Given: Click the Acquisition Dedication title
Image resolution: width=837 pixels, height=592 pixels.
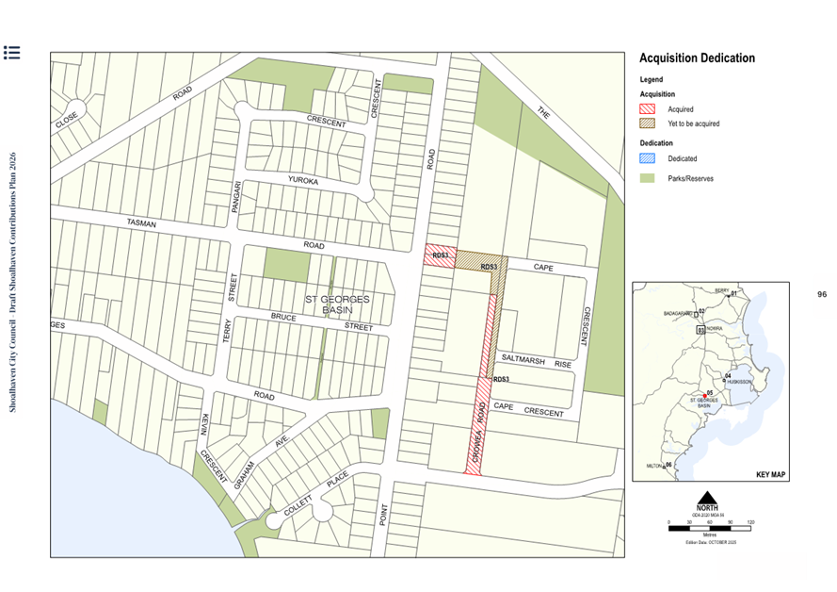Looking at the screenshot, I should coord(697,58).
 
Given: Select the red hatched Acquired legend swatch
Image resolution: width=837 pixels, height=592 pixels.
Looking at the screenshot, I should coord(648,109).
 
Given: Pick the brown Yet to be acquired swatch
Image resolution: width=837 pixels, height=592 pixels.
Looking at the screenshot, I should coord(648,123).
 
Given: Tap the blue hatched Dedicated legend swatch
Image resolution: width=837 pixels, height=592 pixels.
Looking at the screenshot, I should coord(648,159).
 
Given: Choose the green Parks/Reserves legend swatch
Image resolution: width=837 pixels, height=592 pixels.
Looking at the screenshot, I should coord(648,177).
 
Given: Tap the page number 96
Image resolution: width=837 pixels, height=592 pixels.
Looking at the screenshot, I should coord(821,295).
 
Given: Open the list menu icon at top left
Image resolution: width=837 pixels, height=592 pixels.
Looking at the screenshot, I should coord(12,53).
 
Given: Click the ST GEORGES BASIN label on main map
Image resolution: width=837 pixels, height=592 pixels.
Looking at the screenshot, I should coord(337,304).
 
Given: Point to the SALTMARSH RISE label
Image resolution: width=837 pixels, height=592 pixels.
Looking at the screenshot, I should coord(536,362).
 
